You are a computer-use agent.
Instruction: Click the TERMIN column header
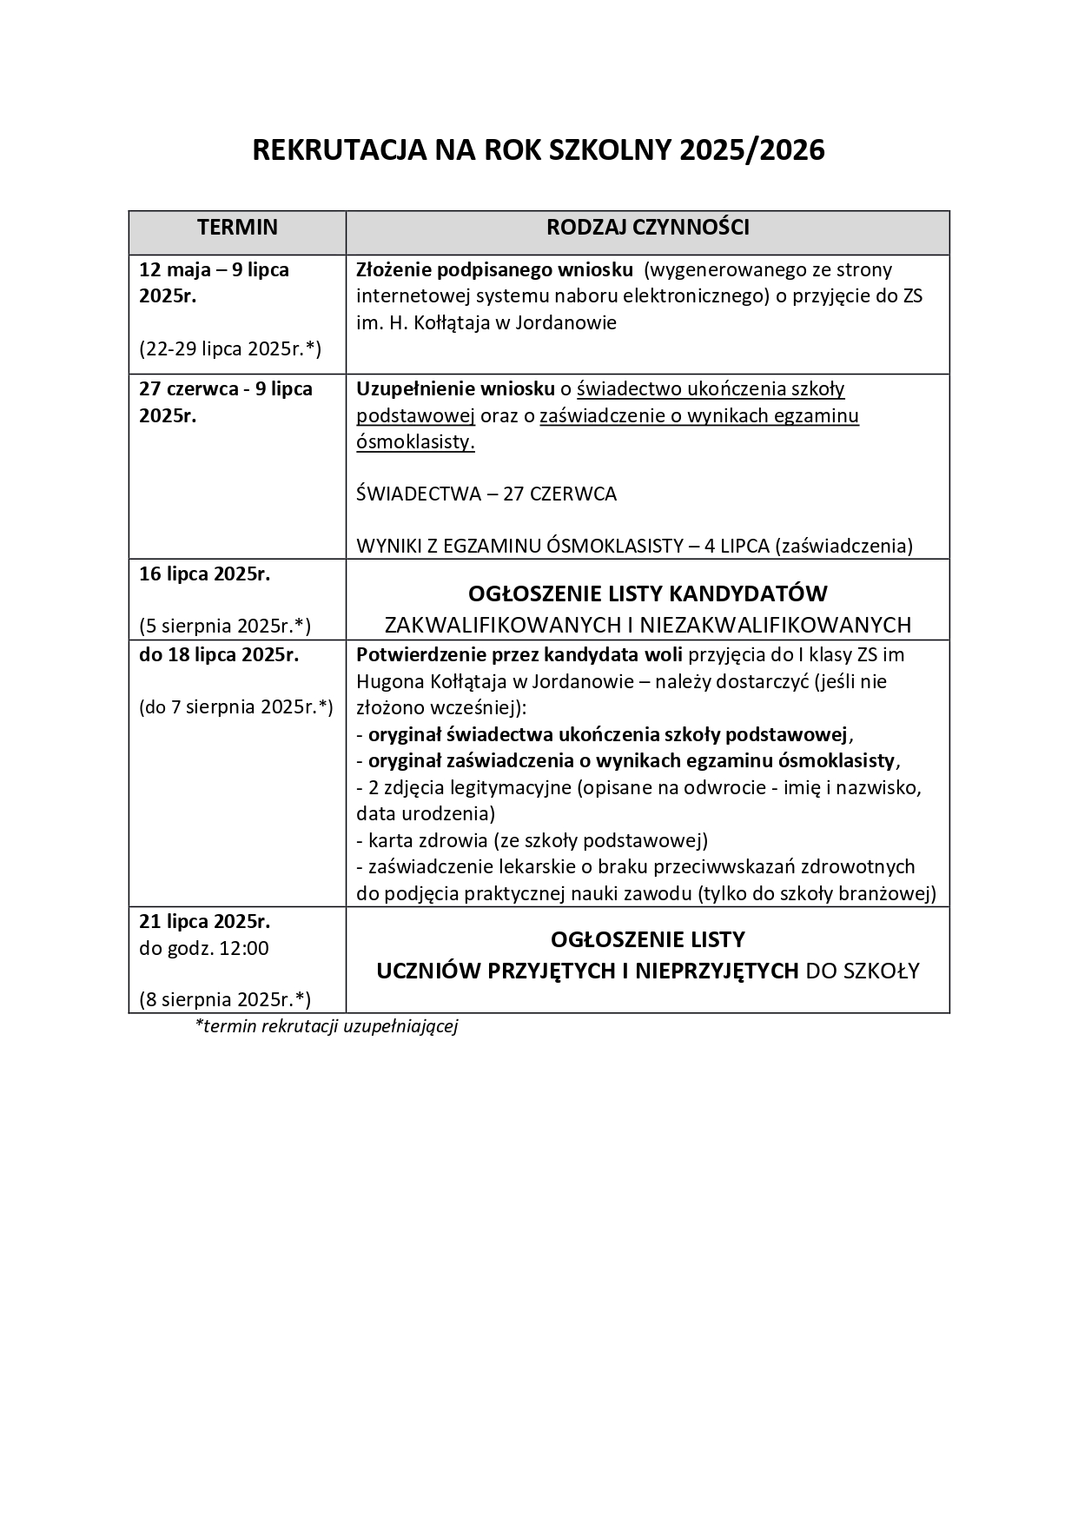coord(237,228)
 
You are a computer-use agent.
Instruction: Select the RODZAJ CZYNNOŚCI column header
coord(647,228)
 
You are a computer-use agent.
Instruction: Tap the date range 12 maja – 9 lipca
coord(214,269)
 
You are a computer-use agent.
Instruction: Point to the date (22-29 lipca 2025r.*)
coord(230,349)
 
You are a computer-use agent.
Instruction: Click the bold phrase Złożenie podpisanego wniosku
coord(494,269)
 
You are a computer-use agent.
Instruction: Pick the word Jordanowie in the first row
coord(565,323)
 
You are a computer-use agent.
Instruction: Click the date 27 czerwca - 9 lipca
coord(225,388)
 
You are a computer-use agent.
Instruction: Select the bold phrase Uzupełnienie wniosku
coord(455,388)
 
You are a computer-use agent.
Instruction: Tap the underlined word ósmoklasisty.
coord(415,442)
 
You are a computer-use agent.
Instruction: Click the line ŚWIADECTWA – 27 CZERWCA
coord(486,494)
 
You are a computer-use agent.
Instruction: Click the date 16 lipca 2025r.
coord(205,574)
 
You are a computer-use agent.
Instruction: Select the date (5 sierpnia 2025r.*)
coord(225,627)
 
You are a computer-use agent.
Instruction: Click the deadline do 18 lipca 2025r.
coord(219,655)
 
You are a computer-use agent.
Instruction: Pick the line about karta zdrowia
coord(532,840)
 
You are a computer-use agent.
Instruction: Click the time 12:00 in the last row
coord(244,948)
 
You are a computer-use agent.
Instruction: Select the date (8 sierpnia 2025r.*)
coord(225,999)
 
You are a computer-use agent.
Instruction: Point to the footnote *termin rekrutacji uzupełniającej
coord(327,1026)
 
